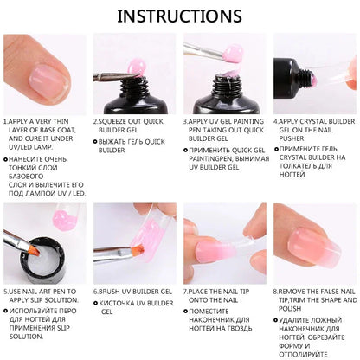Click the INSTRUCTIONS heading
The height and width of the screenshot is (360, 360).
click(x=180, y=16)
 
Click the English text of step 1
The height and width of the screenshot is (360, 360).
click(x=43, y=134)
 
